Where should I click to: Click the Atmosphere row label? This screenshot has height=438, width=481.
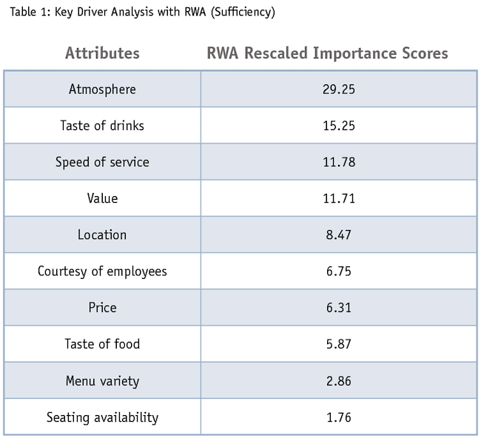click(102, 90)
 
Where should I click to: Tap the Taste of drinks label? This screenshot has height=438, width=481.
click(102, 126)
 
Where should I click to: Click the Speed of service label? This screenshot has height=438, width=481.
click(102, 162)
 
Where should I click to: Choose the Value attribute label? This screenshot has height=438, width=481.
click(102, 198)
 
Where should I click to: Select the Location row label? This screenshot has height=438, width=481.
click(102, 235)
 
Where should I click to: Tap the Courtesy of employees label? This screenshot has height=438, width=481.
click(102, 271)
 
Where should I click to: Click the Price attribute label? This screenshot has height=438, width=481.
click(102, 307)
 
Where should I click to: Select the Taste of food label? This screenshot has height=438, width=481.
click(102, 343)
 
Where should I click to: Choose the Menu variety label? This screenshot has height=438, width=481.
click(102, 381)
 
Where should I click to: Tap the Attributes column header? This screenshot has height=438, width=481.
click(102, 53)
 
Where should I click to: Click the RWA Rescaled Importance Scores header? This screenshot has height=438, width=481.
click(326, 53)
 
